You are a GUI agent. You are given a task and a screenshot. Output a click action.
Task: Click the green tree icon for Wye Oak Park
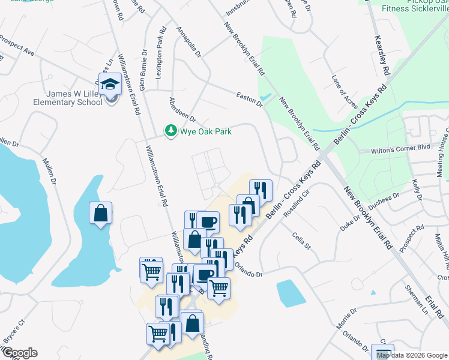[x=171, y=130]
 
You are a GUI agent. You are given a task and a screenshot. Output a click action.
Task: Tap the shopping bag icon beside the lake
[x=100, y=214]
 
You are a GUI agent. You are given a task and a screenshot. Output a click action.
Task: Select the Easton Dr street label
[x=250, y=100]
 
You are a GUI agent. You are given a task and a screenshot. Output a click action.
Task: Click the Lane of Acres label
[x=344, y=92]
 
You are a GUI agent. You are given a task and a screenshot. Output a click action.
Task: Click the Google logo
[x=20, y=353]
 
